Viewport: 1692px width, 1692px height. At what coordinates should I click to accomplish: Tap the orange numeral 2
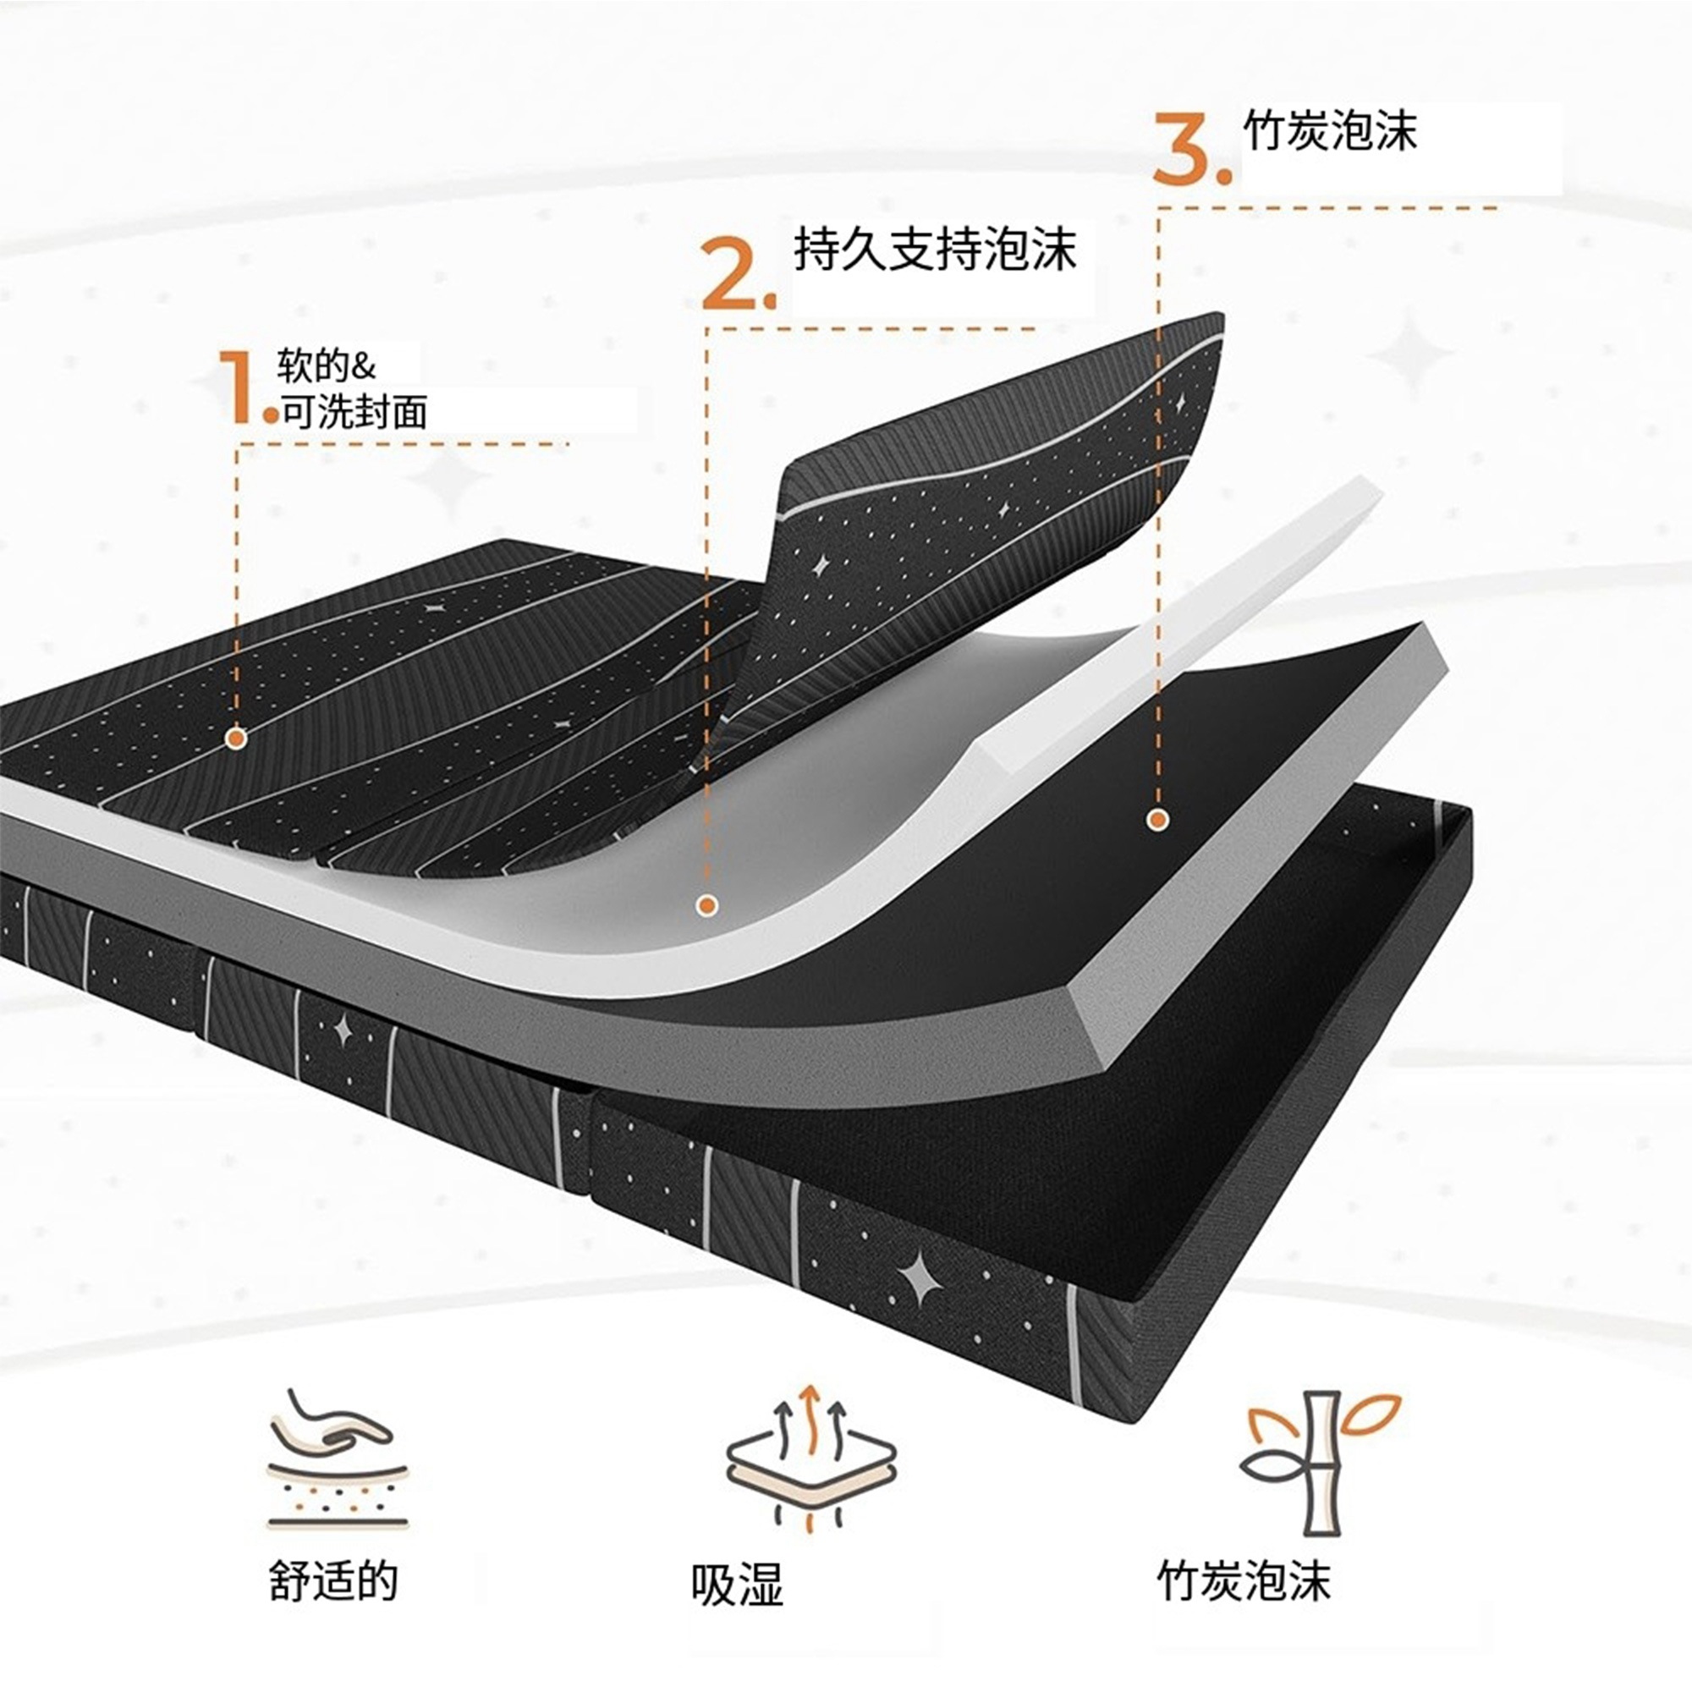point(733,273)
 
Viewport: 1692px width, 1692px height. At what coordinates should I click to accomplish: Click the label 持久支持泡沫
point(935,249)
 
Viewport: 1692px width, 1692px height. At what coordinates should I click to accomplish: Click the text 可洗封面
point(354,412)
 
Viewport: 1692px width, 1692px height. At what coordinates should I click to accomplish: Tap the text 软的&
point(326,366)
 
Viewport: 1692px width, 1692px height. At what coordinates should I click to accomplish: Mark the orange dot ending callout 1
point(235,739)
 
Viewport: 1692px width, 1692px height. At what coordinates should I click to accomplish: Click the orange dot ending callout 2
point(707,905)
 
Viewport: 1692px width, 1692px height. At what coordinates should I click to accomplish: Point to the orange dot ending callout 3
point(1158,820)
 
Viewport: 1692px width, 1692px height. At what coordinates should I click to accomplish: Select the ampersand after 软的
point(363,366)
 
